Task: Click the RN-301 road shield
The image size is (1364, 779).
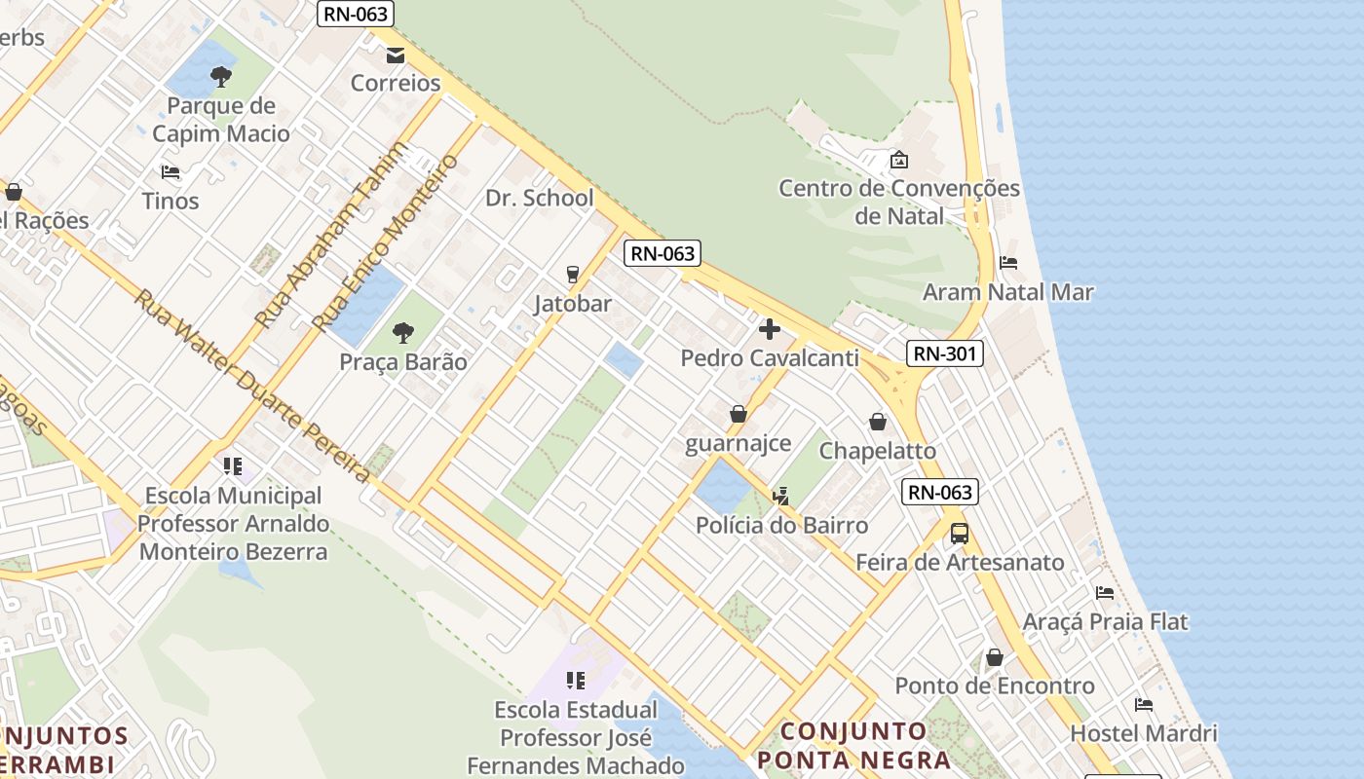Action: click(944, 353)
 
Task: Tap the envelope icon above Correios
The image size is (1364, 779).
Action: click(396, 56)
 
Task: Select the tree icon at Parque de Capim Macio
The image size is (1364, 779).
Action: click(221, 77)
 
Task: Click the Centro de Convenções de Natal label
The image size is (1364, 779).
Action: click(898, 202)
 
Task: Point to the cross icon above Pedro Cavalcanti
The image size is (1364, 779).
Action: click(770, 329)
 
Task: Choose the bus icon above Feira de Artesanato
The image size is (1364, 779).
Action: click(960, 533)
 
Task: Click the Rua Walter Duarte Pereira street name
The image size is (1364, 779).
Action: click(251, 386)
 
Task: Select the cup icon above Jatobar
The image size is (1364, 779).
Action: click(573, 275)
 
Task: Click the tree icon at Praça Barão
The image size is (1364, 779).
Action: click(403, 334)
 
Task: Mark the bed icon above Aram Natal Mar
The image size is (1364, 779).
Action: click(1008, 263)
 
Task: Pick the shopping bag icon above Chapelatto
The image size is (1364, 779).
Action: click(878, 422)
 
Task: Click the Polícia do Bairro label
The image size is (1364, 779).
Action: click(781, 526)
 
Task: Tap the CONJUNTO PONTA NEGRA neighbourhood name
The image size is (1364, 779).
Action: click(854, 745)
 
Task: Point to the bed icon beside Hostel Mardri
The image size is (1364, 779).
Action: click(1144, 704)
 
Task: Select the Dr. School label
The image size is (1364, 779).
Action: click(540, 199)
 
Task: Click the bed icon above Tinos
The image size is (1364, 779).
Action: click(170, 172)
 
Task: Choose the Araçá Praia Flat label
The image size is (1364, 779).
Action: click(1105, 621)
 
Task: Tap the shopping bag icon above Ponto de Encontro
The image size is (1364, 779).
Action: click(995, 657)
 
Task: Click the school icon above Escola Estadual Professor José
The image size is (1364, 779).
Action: click(576, 680)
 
